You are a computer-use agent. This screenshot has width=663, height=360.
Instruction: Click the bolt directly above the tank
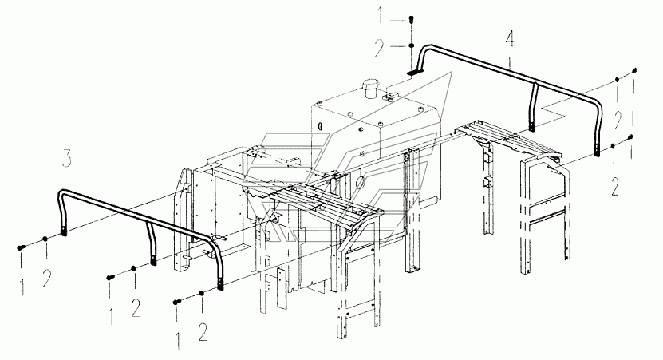410,20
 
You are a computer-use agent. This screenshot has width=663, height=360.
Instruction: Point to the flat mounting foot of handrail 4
414,72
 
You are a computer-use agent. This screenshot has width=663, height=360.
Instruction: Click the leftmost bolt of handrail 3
19,249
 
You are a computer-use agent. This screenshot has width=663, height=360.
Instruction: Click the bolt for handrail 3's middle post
109,277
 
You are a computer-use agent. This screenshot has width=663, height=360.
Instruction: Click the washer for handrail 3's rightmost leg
202,295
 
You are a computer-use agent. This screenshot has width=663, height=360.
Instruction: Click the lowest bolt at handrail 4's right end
631,137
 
